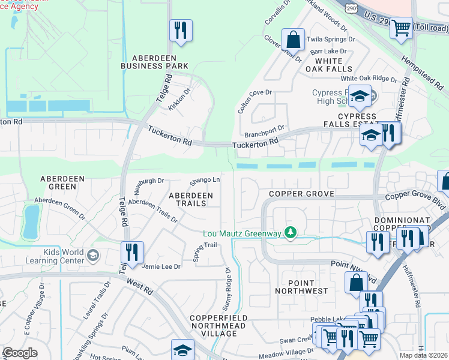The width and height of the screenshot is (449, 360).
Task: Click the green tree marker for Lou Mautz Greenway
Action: tap(291, 232)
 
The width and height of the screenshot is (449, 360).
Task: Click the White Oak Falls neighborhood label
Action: tap(328, 65)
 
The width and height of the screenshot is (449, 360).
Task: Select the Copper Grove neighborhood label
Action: tap(301, 194)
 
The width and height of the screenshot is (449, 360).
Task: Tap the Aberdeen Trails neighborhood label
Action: tap(190, 199)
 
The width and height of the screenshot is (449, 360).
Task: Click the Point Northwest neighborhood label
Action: tap(301, 286)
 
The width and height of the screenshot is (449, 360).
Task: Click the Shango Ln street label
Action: tap(205, 180)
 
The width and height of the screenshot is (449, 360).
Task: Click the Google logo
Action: tap(20, 353)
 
